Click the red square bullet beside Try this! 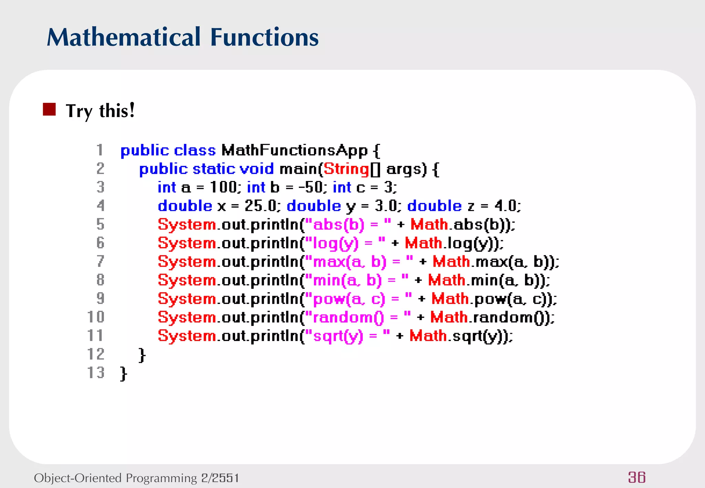click(x=49, y=109)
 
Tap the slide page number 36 click(x=636, y=477)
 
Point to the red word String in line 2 click(x=346, y=169)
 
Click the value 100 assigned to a click(x=223, y=188)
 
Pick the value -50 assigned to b click(x=311, y=188)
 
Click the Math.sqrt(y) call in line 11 click(x=460, y=336)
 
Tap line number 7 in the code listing click(x=100, y=261)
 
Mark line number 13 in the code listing click(x=96, y=373)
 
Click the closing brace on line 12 click(x=142, y=355)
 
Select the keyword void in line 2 click(x=256, y=169)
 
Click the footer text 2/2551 click(x=220, y=478)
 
